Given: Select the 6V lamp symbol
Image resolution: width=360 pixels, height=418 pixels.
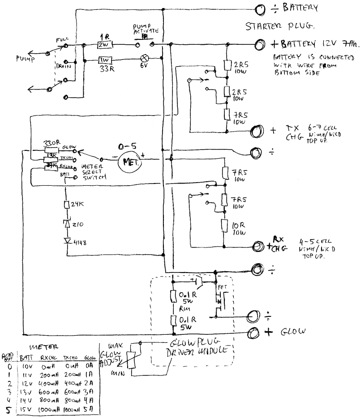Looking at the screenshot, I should pyautogui.click(x=145, y=58).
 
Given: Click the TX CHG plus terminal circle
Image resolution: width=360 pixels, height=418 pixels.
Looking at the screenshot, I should pyautogui.click(x=256, y=131).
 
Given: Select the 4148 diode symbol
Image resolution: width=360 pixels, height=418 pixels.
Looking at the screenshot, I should pyautogui.click(x=68, y=241).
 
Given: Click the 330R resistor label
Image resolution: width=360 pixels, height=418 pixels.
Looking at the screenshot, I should pyautogui.click(x=50, y=144).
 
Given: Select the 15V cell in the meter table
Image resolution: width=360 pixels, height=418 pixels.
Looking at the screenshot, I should pyautogui.click(x=25, y=409).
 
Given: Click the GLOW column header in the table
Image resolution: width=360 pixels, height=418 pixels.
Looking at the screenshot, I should pyautogui.click(x=90, y=358).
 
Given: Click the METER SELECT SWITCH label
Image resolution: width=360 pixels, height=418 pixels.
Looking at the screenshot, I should pyautogui.click(x=94, y=172).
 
